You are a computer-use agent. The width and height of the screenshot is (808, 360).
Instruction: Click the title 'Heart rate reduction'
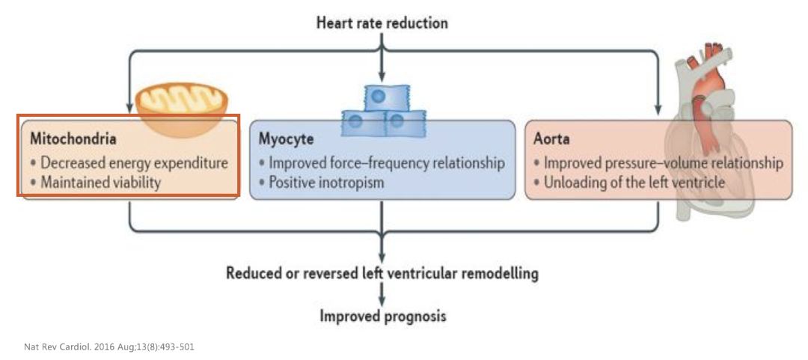382,23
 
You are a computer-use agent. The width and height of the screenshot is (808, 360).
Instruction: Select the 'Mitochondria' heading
73,139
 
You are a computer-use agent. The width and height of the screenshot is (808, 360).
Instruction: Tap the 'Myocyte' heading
286,139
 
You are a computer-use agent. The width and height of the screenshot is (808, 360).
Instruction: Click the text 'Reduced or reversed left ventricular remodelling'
382,272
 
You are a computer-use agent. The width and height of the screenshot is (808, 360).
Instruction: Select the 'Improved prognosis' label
382,316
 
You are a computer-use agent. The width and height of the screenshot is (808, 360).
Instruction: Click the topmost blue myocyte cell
382,97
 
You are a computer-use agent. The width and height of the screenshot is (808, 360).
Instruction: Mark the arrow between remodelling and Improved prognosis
382,294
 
